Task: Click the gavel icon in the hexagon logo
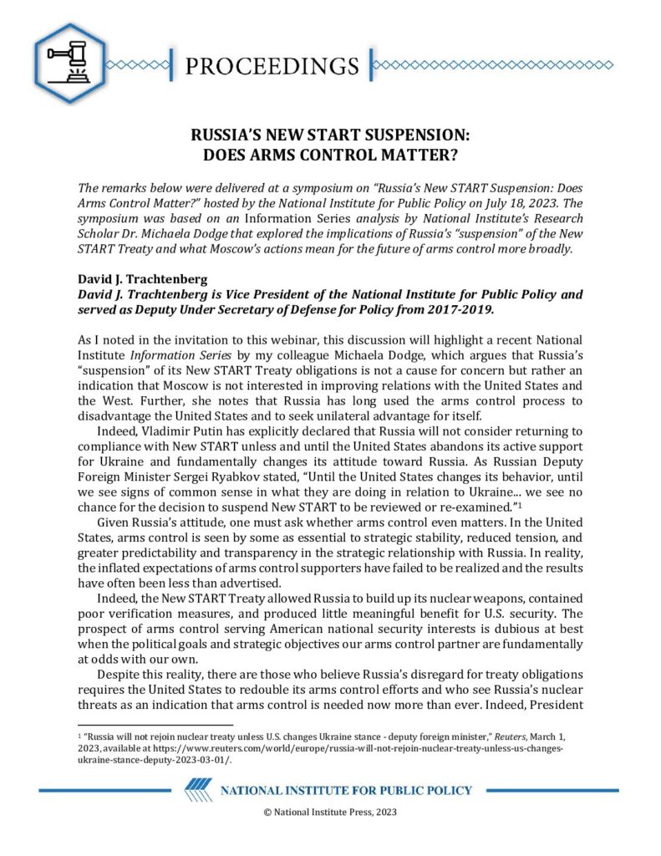click(70, 62)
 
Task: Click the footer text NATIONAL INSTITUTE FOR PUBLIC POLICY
click(345, 791)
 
